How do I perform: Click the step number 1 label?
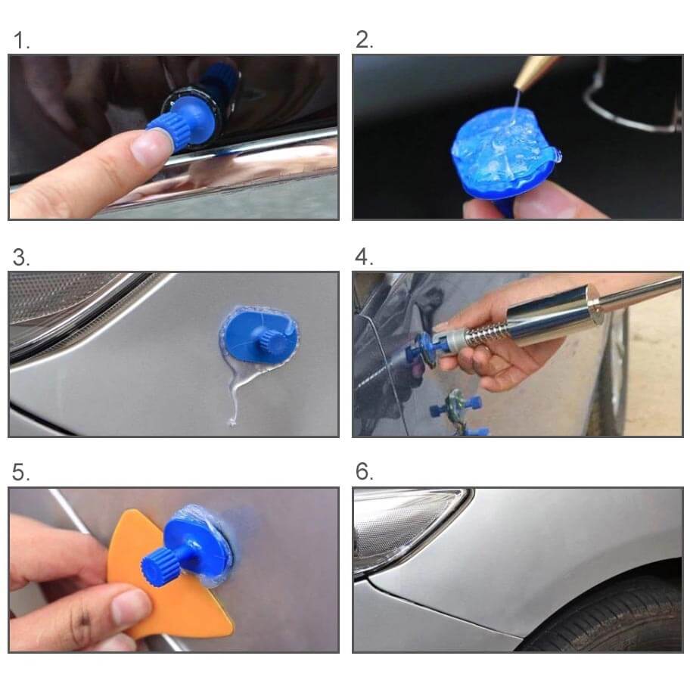(x=21, y=40)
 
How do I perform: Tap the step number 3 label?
(x=21, y=257)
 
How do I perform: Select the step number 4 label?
(x=364, y=256)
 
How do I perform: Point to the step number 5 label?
(x=21, y=472)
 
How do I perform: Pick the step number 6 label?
(x=365, y=472)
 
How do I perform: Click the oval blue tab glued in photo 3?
(x=260, y=335)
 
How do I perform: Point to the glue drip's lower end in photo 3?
(x=232, y=423)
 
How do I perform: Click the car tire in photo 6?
(x=616, y=616)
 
